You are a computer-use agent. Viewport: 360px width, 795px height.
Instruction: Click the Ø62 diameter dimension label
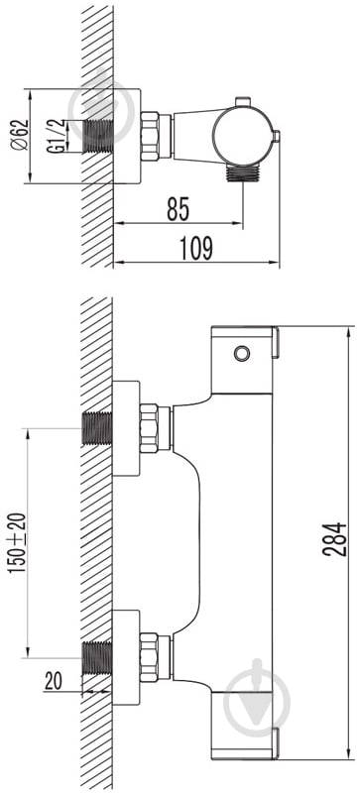(x=19, y=136)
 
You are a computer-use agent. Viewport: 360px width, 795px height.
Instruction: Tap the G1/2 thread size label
(x=57, y=136)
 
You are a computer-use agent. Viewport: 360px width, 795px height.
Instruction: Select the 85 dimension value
(x=178, y=209)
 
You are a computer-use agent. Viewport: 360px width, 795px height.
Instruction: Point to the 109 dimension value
(x=196, y=249)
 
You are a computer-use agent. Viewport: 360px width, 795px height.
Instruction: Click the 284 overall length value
(x=334, y=539)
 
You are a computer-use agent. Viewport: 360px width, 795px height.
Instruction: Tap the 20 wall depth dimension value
(x=53, y=681)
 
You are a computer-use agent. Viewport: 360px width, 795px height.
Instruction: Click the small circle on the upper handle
(x=242, y=353)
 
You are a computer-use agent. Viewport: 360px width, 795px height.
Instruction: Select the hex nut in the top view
(x=150, y=136)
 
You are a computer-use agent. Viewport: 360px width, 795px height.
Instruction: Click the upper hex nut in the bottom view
(x=149, y=428)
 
